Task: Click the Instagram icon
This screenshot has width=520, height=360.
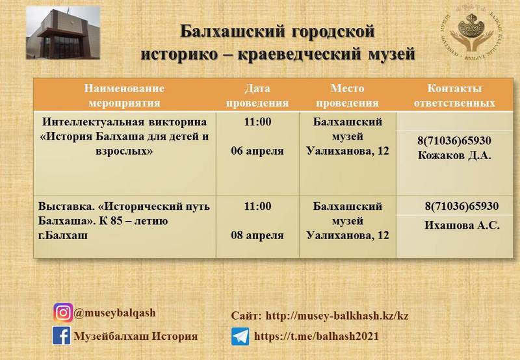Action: point(63,313)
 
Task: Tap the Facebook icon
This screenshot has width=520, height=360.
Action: point(61,335)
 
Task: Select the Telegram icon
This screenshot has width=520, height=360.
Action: point(240,337)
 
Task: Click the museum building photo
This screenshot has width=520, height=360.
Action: point(63,32)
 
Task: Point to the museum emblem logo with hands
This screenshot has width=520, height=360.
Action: point(471,32)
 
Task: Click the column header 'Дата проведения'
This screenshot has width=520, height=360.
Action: point(257,96)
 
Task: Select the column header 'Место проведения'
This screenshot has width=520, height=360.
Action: point(347,96)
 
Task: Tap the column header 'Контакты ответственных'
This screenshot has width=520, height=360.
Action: point(454,96)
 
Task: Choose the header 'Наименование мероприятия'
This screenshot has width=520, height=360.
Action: point(124,96)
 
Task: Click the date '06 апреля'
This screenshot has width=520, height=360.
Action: point(257,151)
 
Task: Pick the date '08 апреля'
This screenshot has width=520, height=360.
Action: point(257,235)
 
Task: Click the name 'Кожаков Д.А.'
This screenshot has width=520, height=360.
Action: point(454,155)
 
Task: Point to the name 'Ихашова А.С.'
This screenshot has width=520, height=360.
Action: point(462,225)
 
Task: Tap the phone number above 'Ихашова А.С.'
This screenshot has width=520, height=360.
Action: point(462,206)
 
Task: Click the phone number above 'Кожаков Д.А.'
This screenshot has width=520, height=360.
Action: point(454,140)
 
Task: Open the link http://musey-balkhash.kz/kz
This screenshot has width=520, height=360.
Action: point(337,316)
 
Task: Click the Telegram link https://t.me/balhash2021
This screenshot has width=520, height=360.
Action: point(317,337)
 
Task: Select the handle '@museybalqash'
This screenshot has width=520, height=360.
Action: point(115,313)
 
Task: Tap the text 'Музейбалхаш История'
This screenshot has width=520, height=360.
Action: point(136,336)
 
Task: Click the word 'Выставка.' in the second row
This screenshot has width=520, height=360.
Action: point(66,206)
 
